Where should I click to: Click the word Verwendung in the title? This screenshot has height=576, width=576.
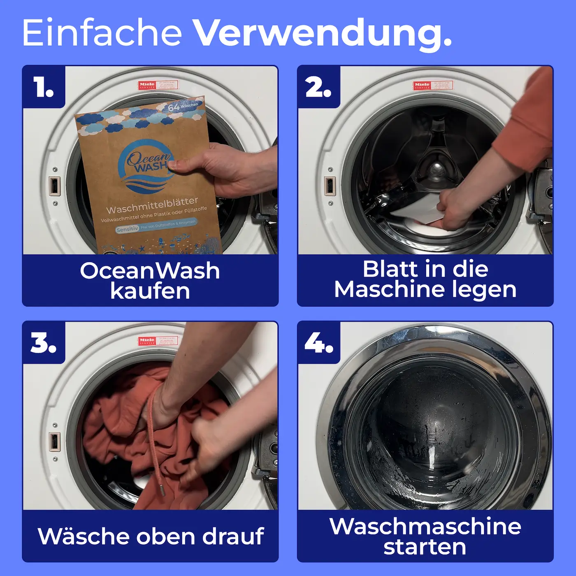(322, 33)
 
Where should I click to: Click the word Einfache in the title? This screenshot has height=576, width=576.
(102, 33)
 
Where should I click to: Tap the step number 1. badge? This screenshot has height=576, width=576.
(44, 87)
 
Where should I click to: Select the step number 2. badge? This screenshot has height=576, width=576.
(318, 87)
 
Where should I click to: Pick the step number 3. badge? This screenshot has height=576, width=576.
(44, 343)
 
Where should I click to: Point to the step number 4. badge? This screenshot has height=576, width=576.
(319, 343)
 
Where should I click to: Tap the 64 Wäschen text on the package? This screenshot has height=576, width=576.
(183, 107)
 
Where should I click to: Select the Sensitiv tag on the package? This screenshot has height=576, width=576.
(127, 229)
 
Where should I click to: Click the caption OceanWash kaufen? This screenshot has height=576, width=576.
(150, 281)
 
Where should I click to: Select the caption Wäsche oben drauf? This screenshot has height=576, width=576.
(150, 536)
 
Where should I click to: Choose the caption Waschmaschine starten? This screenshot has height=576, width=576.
(425, 536)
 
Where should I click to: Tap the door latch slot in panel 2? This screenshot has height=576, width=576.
(330, 186)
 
